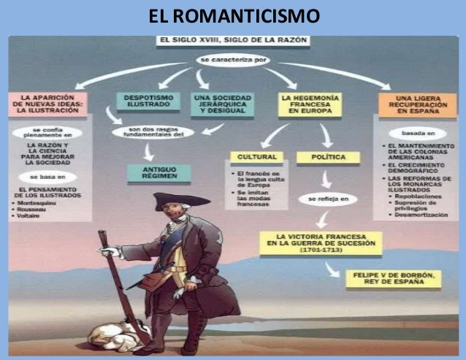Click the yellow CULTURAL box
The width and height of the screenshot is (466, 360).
[x=256, y=156]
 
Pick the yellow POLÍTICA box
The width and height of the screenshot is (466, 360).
[x=328, y=156]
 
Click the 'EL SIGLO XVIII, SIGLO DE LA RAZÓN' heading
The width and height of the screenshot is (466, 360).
[x=232, y=42]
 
